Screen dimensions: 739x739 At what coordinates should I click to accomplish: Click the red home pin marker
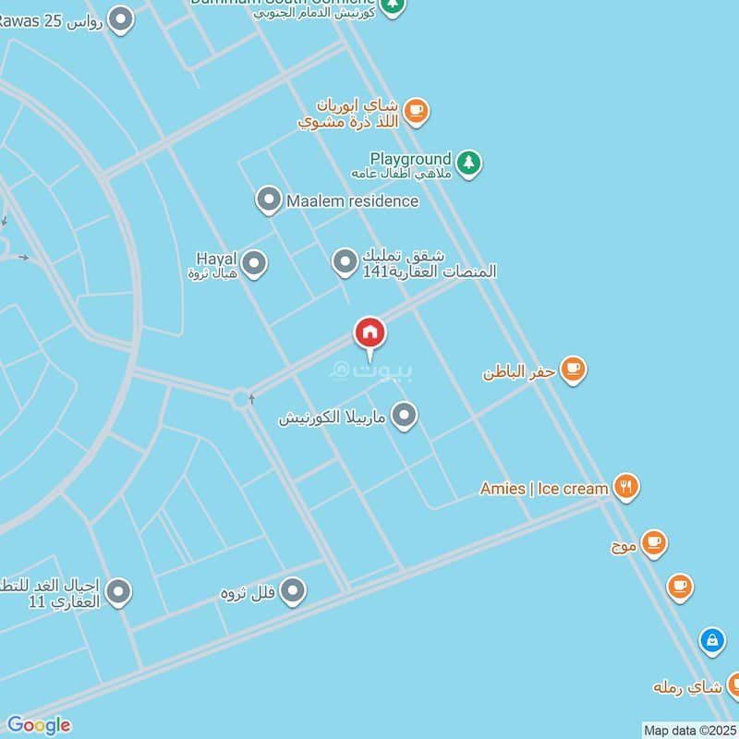(370, 333)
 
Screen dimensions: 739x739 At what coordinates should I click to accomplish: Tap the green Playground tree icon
(468, 164)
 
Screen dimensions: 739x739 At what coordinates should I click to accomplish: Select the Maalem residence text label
(353, 200)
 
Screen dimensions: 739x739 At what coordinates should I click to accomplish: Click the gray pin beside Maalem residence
(269, 200)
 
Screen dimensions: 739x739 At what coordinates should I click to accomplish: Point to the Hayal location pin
(254, 264)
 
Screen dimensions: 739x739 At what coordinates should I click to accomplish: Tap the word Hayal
(217, 258)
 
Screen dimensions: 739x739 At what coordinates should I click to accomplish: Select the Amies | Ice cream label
(544, 489)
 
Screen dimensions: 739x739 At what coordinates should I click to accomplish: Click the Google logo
(38, 725)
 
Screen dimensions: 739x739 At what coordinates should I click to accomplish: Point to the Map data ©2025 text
(690, 731)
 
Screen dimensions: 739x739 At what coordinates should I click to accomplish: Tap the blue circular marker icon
(711, 640)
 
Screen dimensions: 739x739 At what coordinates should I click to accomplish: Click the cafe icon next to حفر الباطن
(574, 370)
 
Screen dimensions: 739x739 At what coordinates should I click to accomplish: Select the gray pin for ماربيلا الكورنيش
(404, 416)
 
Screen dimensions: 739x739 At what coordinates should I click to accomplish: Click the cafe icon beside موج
(654, 543)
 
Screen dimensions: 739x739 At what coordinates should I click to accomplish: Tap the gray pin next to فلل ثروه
(293, 590)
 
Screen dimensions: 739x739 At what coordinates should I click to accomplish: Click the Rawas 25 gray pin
(120, 18)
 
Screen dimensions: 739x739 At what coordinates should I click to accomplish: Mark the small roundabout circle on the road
(242, 399)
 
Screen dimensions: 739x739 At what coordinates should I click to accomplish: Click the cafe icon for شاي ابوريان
(416, 112)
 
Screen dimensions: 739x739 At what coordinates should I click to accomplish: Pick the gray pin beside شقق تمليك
(345, 262)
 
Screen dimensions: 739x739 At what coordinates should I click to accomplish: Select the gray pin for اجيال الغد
(117, 592)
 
